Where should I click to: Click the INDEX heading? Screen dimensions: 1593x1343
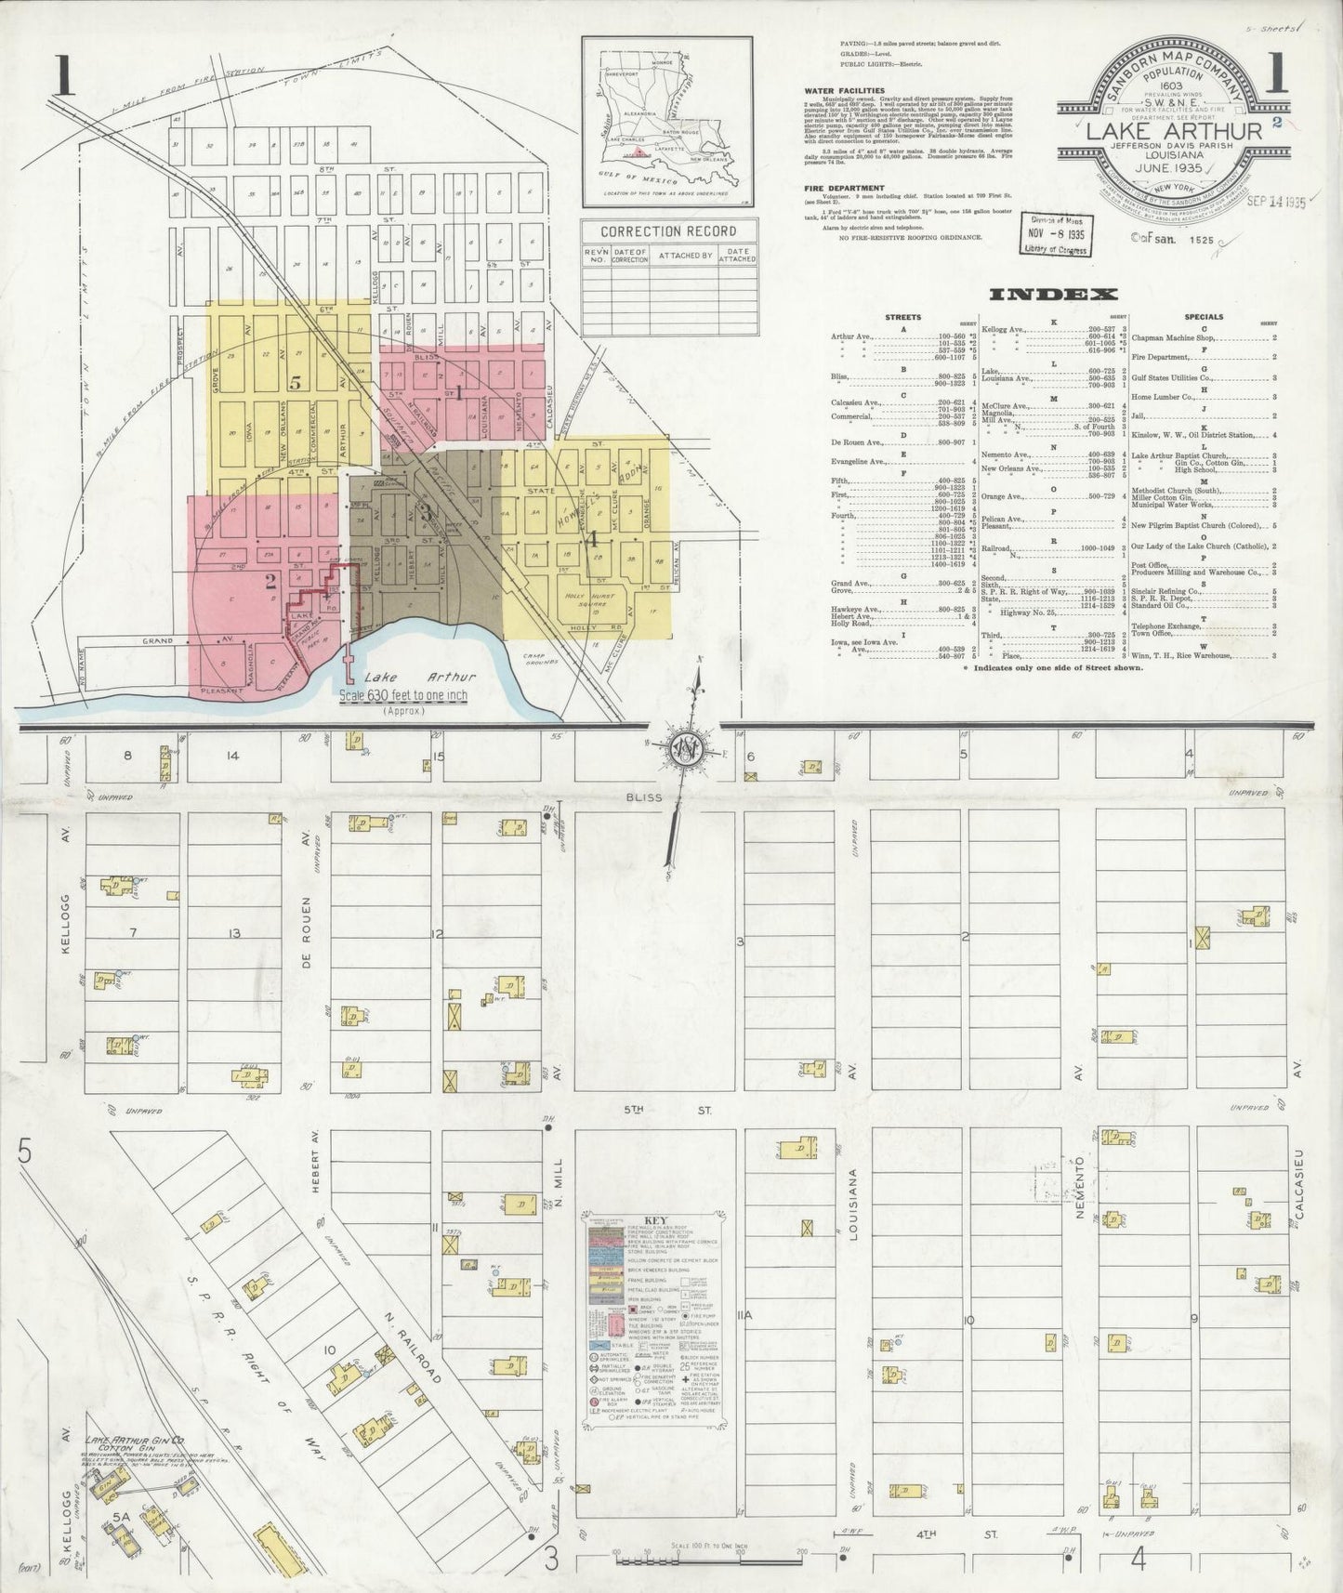[1053, 295]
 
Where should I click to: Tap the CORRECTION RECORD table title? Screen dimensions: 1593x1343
[668, 231]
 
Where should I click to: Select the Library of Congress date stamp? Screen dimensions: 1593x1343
[1055, 232]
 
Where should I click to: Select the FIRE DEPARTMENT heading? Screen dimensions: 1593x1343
[842, 187]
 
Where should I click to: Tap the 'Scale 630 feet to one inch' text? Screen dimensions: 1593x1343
[403, 696]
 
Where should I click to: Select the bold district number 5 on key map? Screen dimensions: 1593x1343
[295, 382]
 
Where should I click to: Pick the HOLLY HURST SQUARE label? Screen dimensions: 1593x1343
[592, 595]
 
